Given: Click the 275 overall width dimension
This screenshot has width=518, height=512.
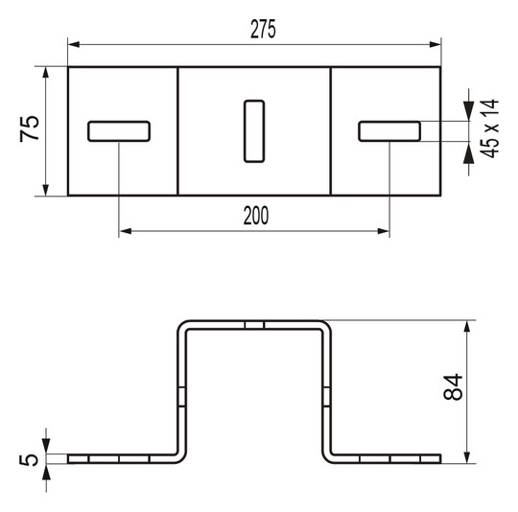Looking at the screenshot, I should tap(264, 30).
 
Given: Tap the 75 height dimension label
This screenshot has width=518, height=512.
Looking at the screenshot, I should tap(30, 129).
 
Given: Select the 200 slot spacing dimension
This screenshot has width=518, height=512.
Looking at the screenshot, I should tap(254, 217).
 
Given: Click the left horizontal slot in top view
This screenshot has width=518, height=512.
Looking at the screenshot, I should tap(119, 130).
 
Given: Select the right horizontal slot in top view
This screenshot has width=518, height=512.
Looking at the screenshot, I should tap(389, 130).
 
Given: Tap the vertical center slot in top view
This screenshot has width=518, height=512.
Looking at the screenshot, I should tap(254, 129).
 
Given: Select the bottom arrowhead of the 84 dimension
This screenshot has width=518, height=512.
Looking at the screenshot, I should tap(467, 456).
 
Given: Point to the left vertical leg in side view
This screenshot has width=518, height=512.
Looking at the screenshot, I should tap(180, 393).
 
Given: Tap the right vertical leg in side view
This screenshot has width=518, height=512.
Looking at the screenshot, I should tap(326, 393).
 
